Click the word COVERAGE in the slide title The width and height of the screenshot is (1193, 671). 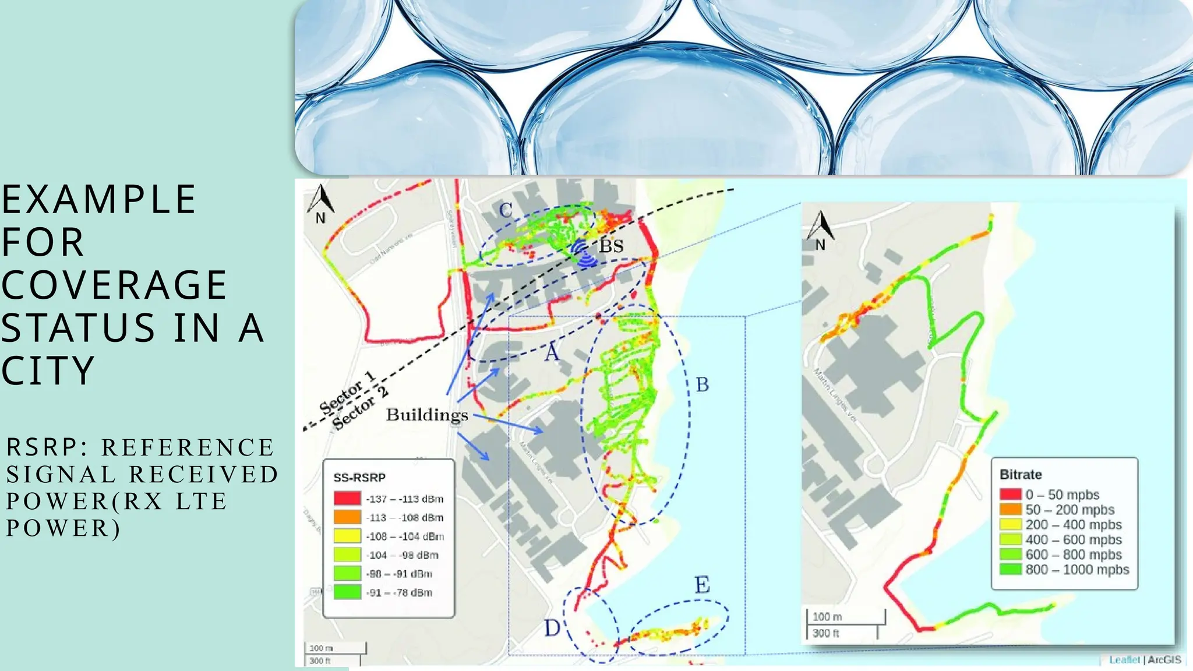pyautogui.click(x=114, y=285)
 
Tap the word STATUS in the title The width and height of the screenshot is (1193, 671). pyautogui.click(x=78, y=327)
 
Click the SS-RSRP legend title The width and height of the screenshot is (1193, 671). pyautogui.click(x=359, y=478)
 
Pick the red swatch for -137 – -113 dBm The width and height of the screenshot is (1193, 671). pyautogui.click(x=347, y=499)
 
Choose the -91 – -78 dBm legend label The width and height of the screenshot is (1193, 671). pyautogui.click(x=400, y=593)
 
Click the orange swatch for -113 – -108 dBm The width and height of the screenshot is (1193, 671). pyautogui.click(x=347, y=517)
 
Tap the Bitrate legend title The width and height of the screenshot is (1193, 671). pyautogui.click(x=1021, y=475)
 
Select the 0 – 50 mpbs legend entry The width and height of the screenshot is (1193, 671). pyautogui.click(x=1063, y=495)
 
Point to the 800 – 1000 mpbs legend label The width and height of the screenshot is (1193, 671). pyautogui.click(x=1077, y=570)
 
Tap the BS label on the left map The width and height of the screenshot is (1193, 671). pyautogui.click(x=612, y=246)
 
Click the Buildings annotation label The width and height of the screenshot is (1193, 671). pyautogui.click(x=427, y=415)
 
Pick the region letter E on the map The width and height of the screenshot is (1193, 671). pyautogui.click(x=702, y=585)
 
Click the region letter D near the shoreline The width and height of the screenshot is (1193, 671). pyautogui.click(x=552, y=628)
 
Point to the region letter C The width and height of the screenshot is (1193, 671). pyautogui.click(x=506, y=210)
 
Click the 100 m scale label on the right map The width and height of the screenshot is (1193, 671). pyautogui.click(x=827, y=617)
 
